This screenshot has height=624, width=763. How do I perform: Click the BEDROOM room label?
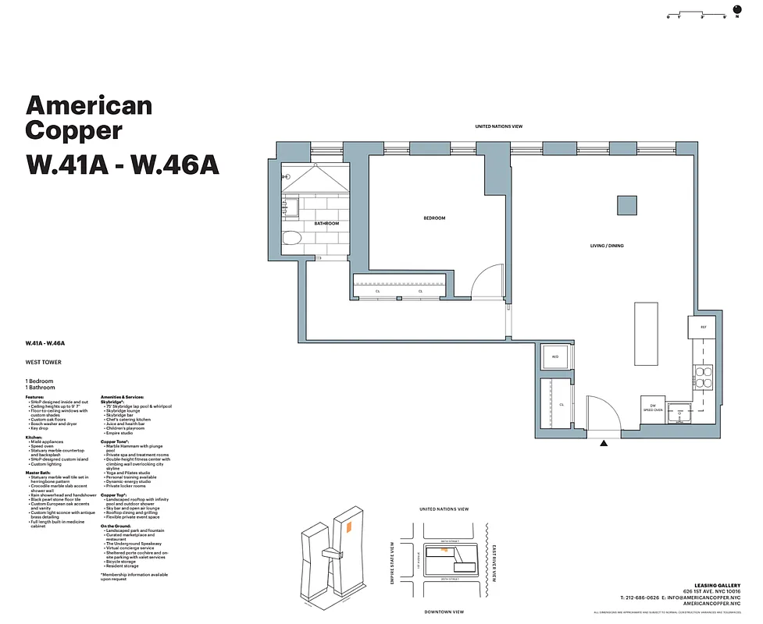(x=434, y=218)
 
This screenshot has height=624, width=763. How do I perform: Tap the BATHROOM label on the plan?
(x=326, y=224)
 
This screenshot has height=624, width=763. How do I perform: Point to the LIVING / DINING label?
(x=607, y=246)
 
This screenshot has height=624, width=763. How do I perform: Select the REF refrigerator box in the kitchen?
(x=702, y=327)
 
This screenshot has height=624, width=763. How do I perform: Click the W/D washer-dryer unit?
(x=556, y=356)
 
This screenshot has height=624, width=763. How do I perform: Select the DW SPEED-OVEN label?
(x=653, y=407)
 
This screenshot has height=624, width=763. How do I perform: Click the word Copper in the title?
(x=73, y=129)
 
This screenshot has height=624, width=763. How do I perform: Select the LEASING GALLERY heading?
(x=716, y=585)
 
